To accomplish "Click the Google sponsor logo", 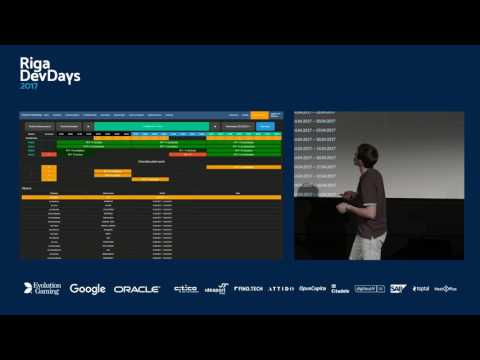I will point(87,289).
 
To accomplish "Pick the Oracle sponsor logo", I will point(137,289).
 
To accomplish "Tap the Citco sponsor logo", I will point(185,289).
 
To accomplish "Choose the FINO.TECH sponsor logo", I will point(249,288).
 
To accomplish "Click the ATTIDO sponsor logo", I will point(281,288).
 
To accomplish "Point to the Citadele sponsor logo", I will point(340,289).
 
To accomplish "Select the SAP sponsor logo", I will point(397,289).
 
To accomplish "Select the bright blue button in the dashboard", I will point(264,127).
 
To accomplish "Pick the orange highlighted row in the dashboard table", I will point(150,197).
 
